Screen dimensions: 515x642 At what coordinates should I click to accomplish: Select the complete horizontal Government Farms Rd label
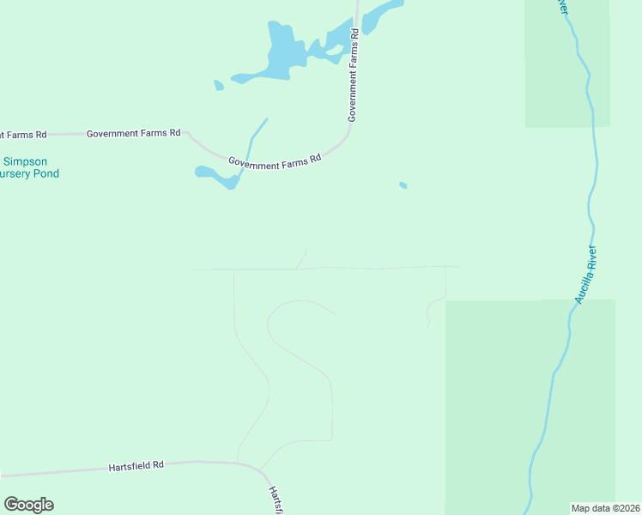pos(134,133)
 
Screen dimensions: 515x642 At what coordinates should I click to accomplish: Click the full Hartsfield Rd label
pos(136,466)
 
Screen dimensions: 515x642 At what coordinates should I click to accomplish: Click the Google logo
pos(28,505)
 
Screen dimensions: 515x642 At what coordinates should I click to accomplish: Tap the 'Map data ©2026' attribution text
pos(606,507)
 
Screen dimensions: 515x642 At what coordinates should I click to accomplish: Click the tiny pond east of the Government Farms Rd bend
pos(403,185)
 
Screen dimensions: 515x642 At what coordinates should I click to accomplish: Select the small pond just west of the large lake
pos(219,85)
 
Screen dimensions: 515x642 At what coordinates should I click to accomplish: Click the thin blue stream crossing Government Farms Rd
pos(253,137)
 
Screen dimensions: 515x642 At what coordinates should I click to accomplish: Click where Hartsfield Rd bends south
pos(257,468)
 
